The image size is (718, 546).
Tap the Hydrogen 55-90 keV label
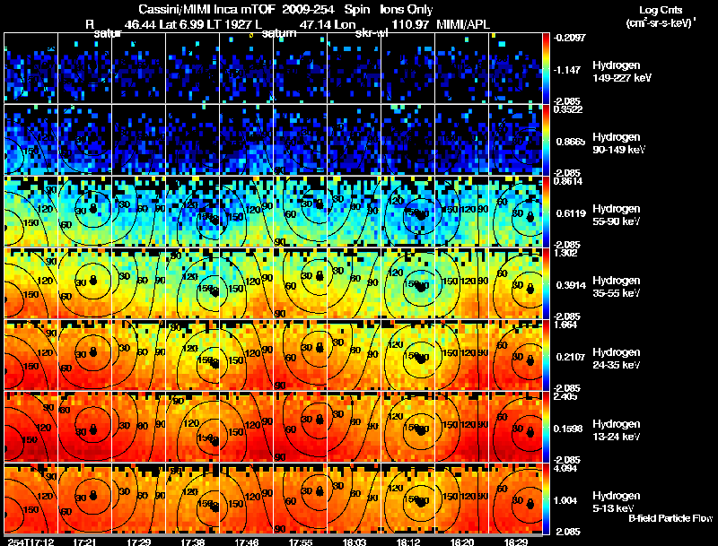click(x=617, y=214)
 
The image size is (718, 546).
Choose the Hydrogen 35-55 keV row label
click(x=617, y=286)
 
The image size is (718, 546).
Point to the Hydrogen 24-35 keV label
click(x=617, y=358)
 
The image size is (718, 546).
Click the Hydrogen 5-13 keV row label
click(x=615, y=501)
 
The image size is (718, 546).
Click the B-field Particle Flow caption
click(x=670, y=519)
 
